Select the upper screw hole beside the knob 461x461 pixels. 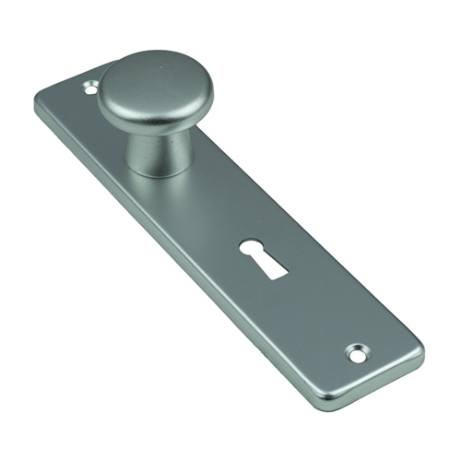point(90,90)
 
